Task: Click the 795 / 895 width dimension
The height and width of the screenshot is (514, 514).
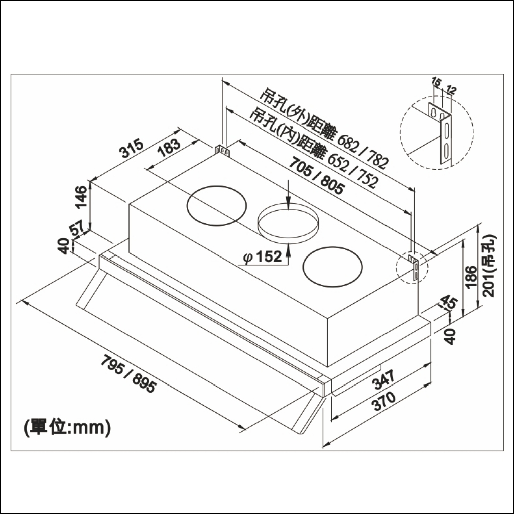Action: click(128, 374)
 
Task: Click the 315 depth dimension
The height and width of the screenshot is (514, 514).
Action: click(132, 149)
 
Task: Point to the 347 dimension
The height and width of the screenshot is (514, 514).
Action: click(384, 381)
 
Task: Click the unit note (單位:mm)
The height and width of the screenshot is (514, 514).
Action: click(67, 427)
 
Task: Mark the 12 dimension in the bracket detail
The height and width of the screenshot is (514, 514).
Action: click(450, 90)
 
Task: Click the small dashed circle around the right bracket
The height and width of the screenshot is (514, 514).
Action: click(411, 266)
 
